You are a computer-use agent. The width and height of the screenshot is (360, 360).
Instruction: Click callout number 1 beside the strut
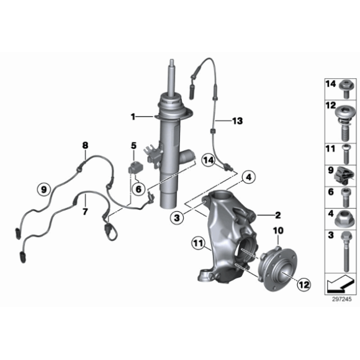click(132, 116)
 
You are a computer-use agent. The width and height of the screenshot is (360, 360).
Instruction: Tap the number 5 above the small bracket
click(133, 146)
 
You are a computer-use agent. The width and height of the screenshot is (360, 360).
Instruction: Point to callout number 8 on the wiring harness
click(85, 146)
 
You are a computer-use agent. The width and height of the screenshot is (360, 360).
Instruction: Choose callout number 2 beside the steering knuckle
click(277, 215)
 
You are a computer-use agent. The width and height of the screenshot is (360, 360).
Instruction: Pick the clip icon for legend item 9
click(342, 173)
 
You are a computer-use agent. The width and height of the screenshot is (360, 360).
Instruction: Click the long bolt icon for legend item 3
click(342, 254)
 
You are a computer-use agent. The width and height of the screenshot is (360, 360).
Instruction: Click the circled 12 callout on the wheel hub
click(302, 284)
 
